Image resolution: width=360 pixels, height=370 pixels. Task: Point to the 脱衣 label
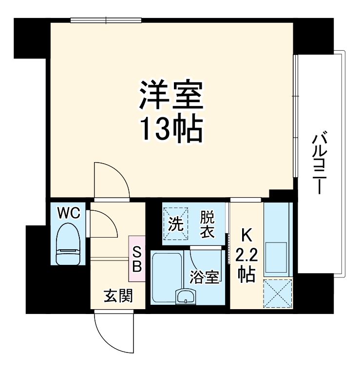(207, 224)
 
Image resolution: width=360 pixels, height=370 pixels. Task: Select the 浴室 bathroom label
(205, 276)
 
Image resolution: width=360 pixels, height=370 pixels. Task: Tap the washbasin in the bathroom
(185, 296)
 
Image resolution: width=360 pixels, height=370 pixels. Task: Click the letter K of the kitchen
(246, 236)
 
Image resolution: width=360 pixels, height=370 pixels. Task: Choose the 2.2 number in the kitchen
(246, 255)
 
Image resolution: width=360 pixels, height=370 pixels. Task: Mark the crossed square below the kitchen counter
(277, 294)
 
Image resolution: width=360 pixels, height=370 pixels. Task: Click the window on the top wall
(106, 20)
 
